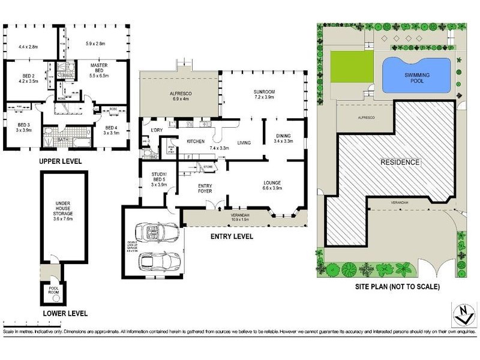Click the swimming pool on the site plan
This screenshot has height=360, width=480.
click(415, 74)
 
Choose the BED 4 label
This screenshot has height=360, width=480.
click(109, 129)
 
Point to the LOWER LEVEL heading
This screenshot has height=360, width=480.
click(65, 314)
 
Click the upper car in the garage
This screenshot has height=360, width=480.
click(155, 232)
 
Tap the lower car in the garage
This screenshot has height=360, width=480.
click(158, 261)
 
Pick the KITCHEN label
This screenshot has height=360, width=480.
click(196, 142)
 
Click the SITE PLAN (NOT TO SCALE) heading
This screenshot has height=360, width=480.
click(397, 287)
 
